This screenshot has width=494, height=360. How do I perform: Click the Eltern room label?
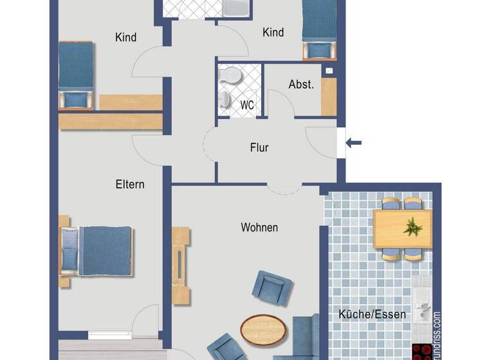(x=130, y=184)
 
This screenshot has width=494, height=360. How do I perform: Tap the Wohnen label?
(x=259, y=228)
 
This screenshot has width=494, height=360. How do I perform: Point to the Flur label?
(x=259, y=148)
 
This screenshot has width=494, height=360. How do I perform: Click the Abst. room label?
(x=301, y=85)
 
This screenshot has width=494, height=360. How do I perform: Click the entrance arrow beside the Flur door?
(x=354, y=143)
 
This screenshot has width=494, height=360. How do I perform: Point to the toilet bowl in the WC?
(x=230, y=76)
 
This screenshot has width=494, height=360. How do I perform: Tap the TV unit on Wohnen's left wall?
(x=181, y=264)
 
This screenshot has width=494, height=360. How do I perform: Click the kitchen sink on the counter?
(x=423, y=309)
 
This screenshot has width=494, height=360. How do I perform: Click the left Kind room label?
(x=125, y=37)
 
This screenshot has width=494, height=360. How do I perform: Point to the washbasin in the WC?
(x=225, y=98)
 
